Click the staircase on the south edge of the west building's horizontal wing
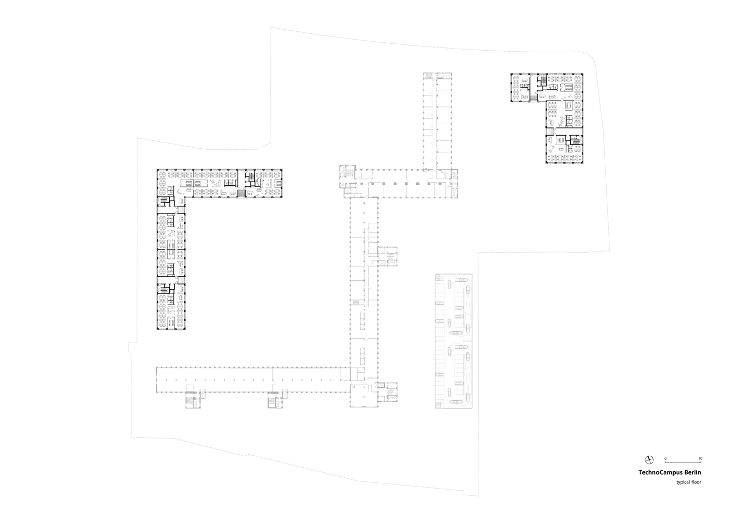[242, 194]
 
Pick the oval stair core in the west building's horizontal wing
[250, 175]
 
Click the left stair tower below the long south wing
[193, 400]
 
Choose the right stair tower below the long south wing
[275, 400]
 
